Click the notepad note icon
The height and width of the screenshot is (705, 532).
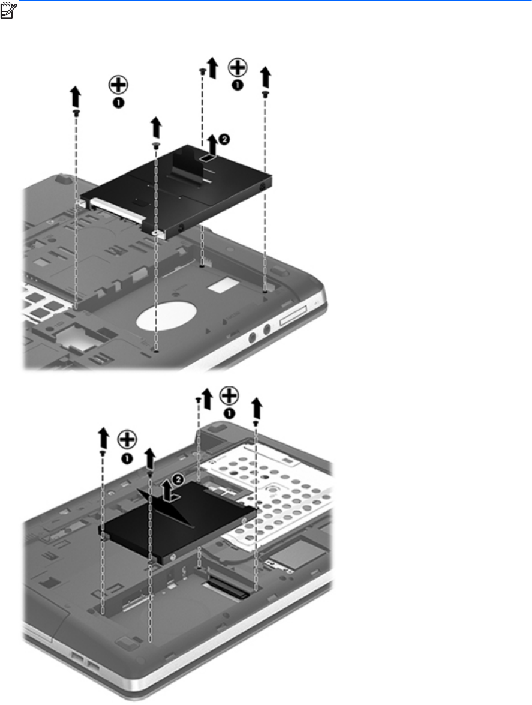[8, 11]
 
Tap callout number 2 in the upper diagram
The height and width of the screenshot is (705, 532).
[224, 139]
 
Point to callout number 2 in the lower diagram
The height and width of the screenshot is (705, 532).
[178, 480]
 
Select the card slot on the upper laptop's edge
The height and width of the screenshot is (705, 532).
[293, 316]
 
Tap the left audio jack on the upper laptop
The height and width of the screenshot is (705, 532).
[252, 337]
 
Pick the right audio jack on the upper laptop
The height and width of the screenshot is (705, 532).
[267, 329]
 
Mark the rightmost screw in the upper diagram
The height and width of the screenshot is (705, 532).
[265, 94]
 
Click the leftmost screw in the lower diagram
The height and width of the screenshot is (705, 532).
[103, 453]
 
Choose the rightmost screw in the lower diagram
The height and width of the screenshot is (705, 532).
[256, 424]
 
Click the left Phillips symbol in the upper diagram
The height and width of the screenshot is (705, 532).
[118, 85]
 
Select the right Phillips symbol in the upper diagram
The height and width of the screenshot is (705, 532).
[238, 67]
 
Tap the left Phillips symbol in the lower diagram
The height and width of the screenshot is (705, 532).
[127, 440]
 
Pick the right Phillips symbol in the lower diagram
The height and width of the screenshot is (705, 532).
[229, 396]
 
